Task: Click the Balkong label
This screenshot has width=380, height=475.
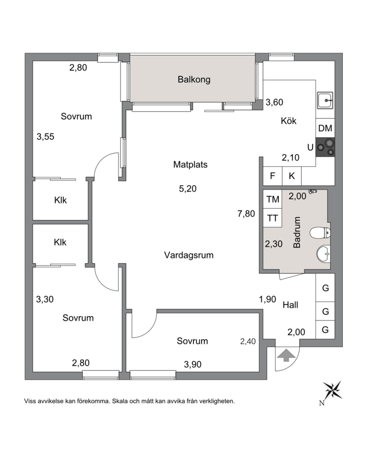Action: click(x=194, y=79)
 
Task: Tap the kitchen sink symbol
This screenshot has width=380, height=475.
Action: click(x=325, y=100)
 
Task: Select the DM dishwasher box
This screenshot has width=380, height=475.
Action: click(x=325, y=128)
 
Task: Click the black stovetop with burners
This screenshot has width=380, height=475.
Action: click(x=325, y=147)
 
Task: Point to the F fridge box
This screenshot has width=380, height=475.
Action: click(x=272, y=176)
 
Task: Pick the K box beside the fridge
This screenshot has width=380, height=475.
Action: click(x=292, y=176)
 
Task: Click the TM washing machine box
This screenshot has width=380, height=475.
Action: click(x=272, y=199)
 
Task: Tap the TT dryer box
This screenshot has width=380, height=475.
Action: click(x=272, y=218)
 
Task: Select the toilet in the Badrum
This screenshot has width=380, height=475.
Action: click(x=320, y=233)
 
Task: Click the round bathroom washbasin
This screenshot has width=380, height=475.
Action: click(x=323, y=254)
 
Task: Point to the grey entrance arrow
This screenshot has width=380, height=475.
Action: click(x=286, y=355)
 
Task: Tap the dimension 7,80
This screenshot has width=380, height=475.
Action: click(x=246, y=214)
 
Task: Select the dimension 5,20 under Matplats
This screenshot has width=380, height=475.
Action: click(x=188, y=189)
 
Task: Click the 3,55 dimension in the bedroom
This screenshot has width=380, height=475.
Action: click(x=45, y=137)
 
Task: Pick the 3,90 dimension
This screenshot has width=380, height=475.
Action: click(x=193, y=364)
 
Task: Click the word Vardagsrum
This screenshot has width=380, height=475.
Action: click(x=189, y=255)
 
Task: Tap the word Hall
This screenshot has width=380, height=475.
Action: click(x=290, y=305)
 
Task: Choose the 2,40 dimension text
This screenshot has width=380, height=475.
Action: click(x=248, y=341)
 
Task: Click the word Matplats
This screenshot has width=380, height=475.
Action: click(x=190, y=165)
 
